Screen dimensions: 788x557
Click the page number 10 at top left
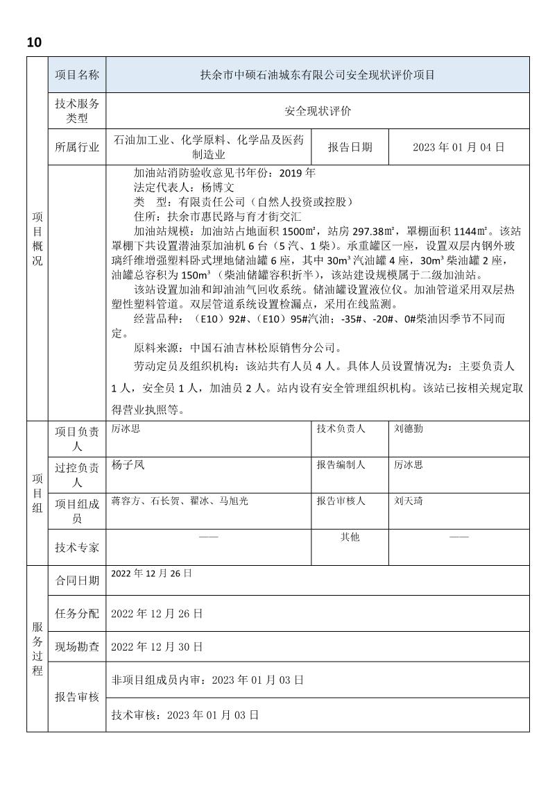pos(34,42)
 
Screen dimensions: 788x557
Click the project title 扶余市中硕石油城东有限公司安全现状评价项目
pos(316,75)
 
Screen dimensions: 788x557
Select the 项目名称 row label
pos(77,75)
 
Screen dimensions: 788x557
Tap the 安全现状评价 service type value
pos(316,110)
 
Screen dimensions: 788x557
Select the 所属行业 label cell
pos(77,147)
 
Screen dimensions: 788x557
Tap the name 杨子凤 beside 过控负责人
pos(128,465)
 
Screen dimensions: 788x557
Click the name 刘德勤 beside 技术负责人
pos(409,429)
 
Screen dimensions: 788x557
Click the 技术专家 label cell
pos(77,547)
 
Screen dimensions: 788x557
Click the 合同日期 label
pos(77,580)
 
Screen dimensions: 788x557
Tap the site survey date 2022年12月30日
pos(157,646)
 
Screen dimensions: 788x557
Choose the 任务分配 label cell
pos(77,614)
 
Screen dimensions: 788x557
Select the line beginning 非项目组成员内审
pos(207,680)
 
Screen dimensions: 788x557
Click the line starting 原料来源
pos(237,348)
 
